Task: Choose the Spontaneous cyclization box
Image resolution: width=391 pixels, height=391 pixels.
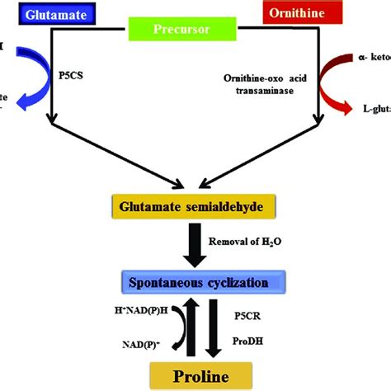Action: coord(196,284)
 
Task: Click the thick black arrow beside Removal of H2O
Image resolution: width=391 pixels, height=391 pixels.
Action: coord(196,246)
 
